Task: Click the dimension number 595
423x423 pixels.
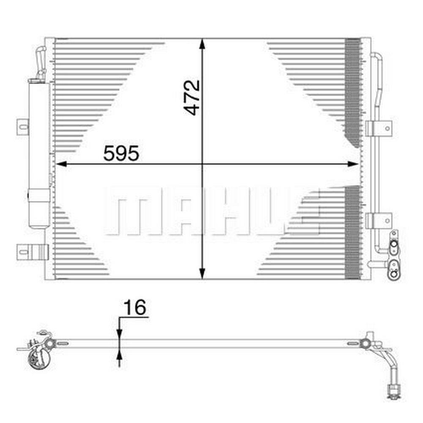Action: (121, 153)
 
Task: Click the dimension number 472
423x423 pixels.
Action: (192, 98)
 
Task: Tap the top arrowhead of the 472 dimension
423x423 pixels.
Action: (202, 44)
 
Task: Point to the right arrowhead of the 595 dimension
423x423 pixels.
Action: (353, 164)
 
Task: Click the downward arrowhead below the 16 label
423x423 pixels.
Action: (119, 334)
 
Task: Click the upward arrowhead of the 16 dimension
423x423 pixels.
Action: (119, 354)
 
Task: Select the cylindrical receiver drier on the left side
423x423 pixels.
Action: (39, 154)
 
